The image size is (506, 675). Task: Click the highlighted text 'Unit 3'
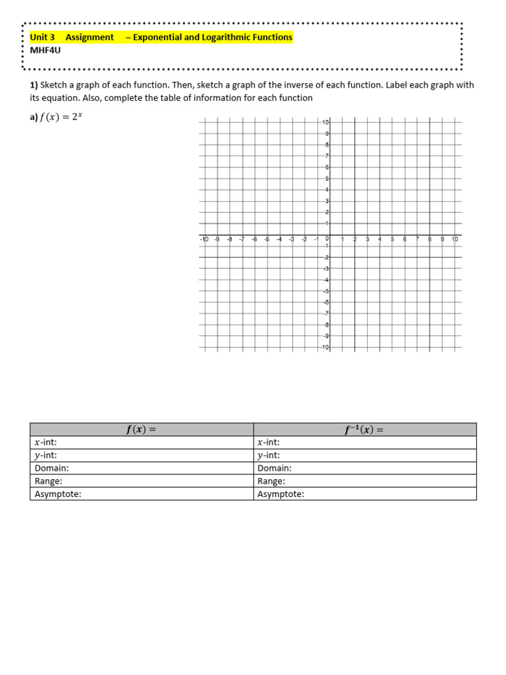(43, 38)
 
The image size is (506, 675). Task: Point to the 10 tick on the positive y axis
(325, 123)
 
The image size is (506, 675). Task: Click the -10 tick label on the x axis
(204, 239)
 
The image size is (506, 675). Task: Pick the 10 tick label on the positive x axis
(455, 239)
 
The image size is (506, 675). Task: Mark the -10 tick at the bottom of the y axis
(325, 347)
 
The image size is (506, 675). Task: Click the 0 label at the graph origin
(327, 239)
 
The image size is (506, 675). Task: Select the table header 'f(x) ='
(142, 430)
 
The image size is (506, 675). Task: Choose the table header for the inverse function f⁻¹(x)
(364, 430)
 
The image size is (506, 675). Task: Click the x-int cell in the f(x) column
(142, 443)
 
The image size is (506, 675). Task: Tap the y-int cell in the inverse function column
(364, 455)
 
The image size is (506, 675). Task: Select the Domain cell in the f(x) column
(142, 468)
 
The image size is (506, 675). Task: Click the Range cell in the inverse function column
(364, 481)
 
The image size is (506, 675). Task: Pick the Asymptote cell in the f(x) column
(142, 494)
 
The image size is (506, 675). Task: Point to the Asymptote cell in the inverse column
(364, 494)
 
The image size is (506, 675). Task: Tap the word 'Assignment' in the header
(90, 38)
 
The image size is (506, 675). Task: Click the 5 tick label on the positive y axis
(327, 179)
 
